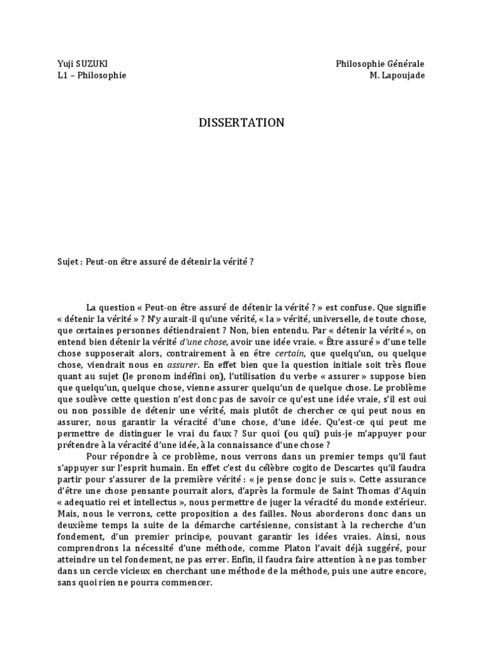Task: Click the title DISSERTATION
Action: pyautogui.click(x=241, y=123)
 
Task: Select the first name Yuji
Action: pyautogui.click(x=65, y=64)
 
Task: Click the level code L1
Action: pyautogui.click(x=62, y=76)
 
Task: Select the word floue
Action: pyautogui.click(x=415, y=365)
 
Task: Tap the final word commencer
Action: pyautogui.click(x=187, y=583)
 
